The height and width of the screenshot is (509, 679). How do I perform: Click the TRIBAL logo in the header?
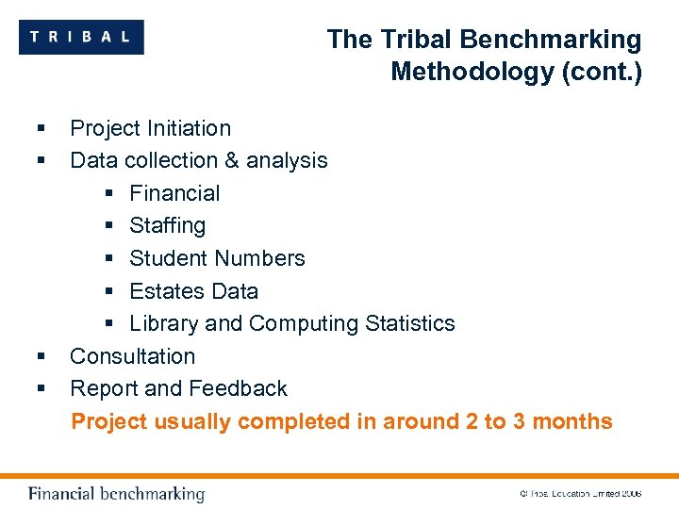(x=81, y=38)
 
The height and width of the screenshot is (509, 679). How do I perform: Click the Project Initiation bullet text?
(x=150, y=128)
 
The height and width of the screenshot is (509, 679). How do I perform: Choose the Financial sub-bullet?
(x=174, y=193)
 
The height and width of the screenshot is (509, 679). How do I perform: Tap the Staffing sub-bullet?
(x=167, y=225)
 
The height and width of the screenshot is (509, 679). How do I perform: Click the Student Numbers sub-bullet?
(x=217, y=258)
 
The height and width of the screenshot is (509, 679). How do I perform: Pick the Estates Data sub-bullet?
(x=193, y=291)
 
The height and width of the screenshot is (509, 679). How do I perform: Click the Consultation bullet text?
(x=132, y=356)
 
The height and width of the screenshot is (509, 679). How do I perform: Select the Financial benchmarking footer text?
(x=116, y=494)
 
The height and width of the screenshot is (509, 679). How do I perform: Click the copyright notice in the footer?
(x=580, y=494)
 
